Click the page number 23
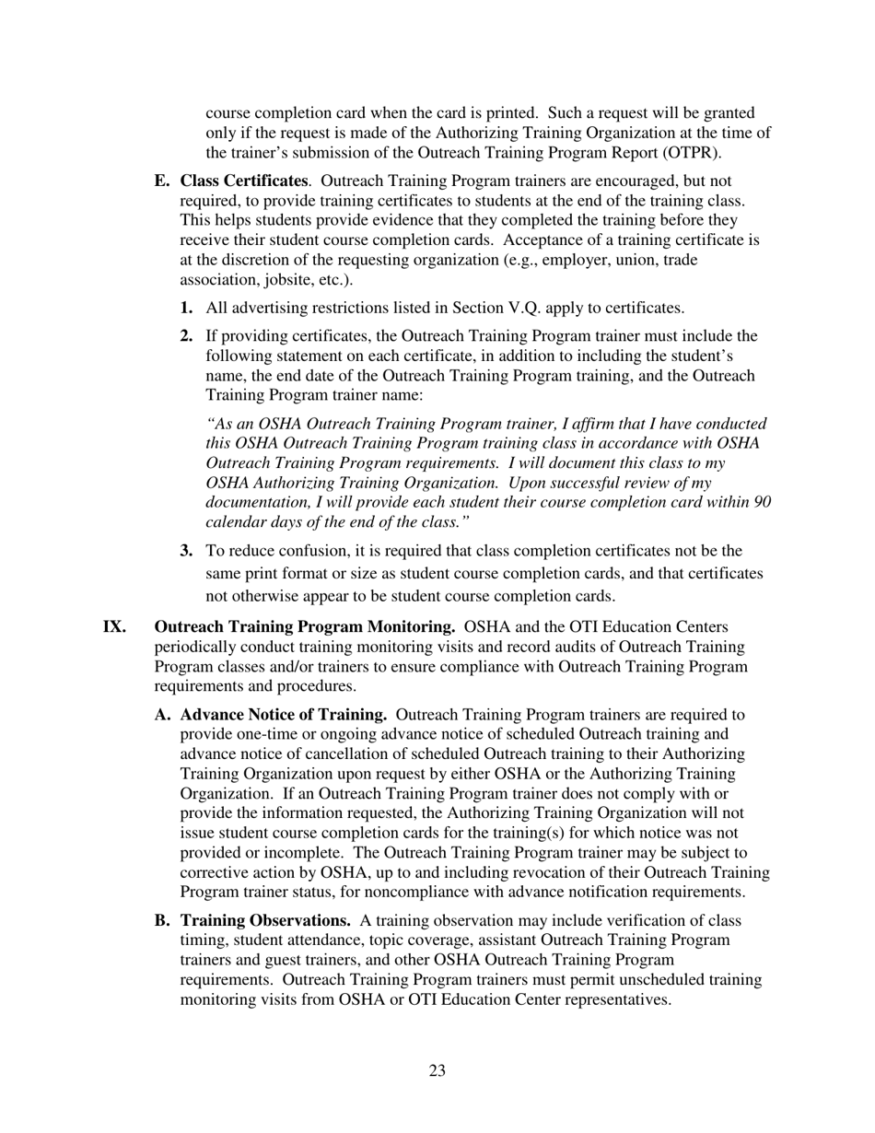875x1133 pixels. [x=437, y=1070]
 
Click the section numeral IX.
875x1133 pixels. [x=114, y=627]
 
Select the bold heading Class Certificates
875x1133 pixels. [x=244, y=181]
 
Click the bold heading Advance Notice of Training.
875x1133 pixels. [x=284, y=715]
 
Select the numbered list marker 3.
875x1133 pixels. [x=186, y=551]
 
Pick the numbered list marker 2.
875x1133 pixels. [x=186, y=336]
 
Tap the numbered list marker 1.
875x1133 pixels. [x=186, y=308]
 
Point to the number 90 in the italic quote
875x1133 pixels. [x=763, y=502]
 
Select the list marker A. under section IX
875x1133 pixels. [x=163, y=715]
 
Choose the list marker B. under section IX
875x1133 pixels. [x=163, y=920]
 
